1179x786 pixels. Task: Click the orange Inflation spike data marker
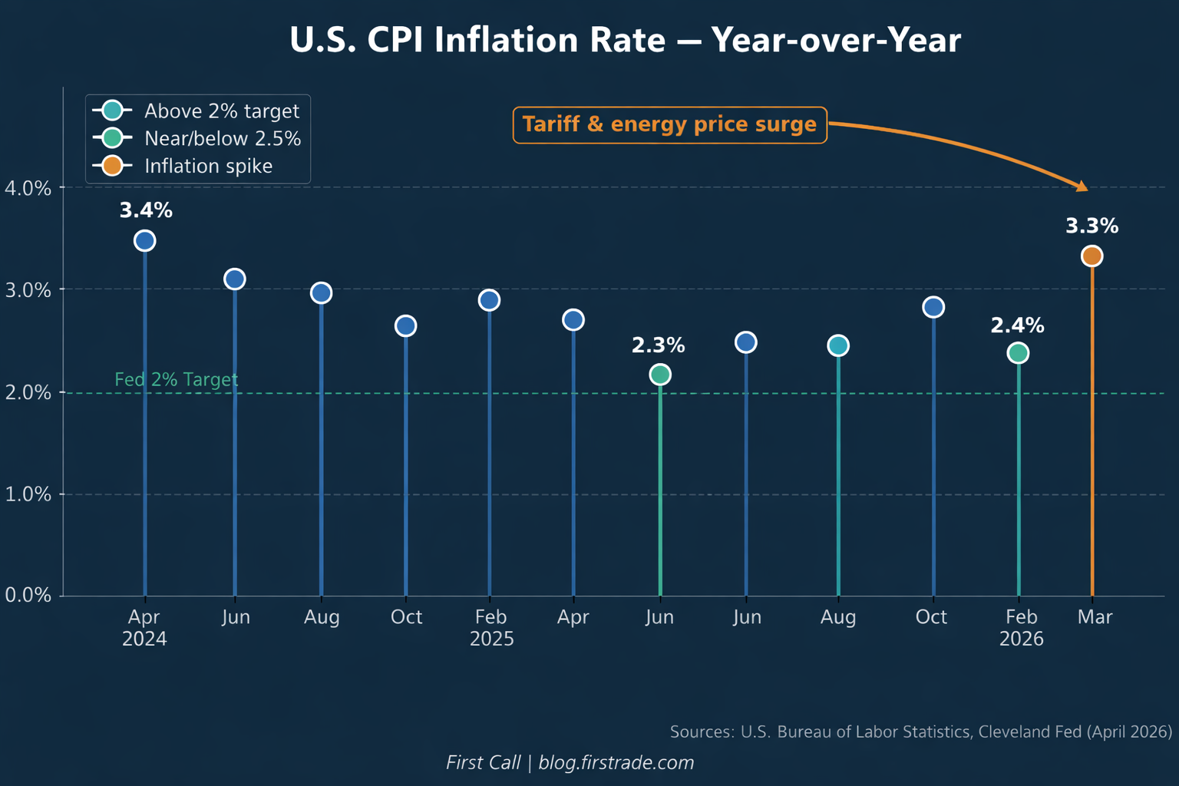(1092, 256)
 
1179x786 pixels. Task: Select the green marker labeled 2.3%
(660, 375)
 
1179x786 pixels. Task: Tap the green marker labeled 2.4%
(1018, 353)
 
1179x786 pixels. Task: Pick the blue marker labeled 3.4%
(145, 241)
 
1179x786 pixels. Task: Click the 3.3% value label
(1092, 226)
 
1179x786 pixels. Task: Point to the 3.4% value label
(146, 210)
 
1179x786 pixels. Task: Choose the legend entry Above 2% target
(196, 111)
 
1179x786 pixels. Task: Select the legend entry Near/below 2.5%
(196, 138)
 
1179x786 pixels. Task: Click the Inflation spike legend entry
(183, 166)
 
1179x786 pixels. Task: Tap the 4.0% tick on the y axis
(28, 188)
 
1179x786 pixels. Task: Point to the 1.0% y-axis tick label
(28, 494)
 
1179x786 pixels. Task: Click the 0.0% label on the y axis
(28, 596)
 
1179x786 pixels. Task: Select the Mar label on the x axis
(1095, 616)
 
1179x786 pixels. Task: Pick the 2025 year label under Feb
(491, 639)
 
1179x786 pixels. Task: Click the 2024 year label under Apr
(144, 639)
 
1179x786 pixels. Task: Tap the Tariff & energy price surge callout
(669, 125)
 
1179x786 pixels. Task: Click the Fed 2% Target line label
(177, 380)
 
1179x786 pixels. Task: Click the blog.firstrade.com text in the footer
(616, 762)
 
